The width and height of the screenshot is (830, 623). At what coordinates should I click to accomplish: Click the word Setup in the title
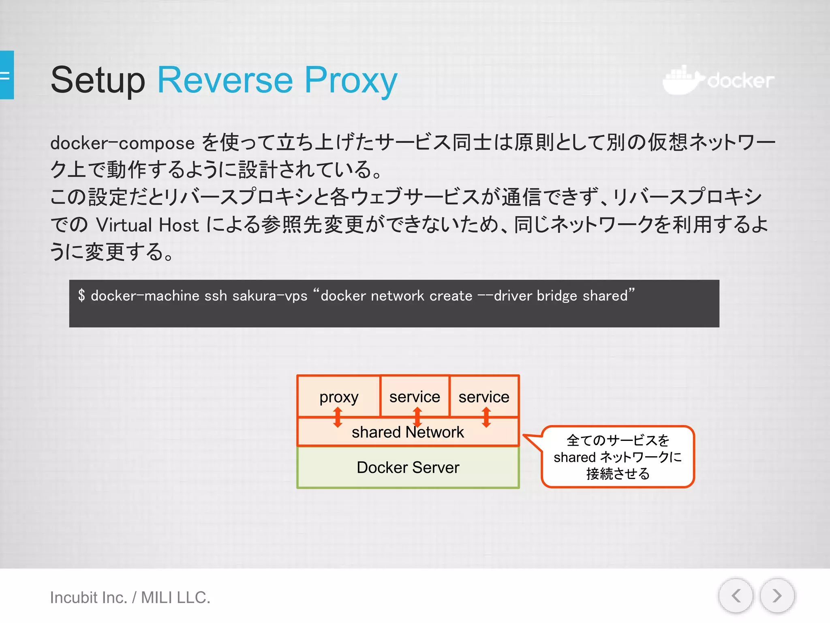point(98,80)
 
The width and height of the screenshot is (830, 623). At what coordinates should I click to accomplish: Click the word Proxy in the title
point(351,80)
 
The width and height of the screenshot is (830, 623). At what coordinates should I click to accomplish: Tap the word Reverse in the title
point(225,80)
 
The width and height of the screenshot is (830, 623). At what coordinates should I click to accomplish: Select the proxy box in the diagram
point(339,396)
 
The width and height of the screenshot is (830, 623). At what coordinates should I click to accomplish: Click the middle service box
point(415,396)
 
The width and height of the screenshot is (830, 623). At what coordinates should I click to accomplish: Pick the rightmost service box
point(484,396)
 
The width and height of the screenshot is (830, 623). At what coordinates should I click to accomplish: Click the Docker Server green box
point(408,467)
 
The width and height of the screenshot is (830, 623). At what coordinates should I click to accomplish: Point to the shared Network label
point(408,432)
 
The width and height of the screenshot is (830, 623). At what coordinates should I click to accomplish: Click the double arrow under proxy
point(338,417)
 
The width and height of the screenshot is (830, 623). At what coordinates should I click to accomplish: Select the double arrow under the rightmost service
point(486,417)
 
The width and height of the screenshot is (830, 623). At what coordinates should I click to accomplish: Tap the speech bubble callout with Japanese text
point(618,457)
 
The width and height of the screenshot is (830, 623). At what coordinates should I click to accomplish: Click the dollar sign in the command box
point(81,295)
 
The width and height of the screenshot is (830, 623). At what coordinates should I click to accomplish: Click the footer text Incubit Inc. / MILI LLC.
point(130,597)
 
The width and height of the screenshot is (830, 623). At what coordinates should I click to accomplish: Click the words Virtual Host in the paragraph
point(148,225)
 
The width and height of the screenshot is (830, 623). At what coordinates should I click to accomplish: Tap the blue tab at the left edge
point(7,75)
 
